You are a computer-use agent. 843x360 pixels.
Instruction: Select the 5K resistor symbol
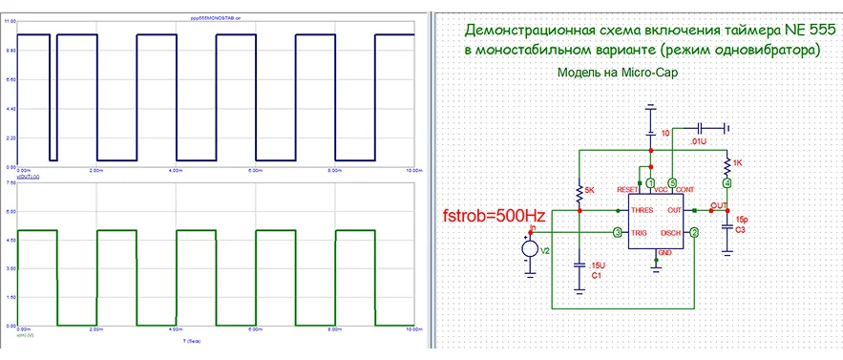(578, 193)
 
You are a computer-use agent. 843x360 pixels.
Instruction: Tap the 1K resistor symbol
(727, 163)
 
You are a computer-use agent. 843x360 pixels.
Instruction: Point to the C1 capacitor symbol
(578, 264)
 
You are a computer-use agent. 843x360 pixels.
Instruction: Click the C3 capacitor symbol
(727, 225)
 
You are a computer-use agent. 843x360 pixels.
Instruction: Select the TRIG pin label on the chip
(643, 233)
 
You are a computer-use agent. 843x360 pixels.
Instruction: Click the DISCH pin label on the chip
(670, 233)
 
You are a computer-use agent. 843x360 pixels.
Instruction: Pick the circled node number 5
(672, 182)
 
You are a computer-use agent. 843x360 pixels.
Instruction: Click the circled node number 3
(618, 233)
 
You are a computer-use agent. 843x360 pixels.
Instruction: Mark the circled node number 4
(727, 182)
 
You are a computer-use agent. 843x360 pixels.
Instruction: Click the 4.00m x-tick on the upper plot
(176, 169)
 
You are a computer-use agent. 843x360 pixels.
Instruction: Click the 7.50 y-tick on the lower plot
(10, 181)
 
